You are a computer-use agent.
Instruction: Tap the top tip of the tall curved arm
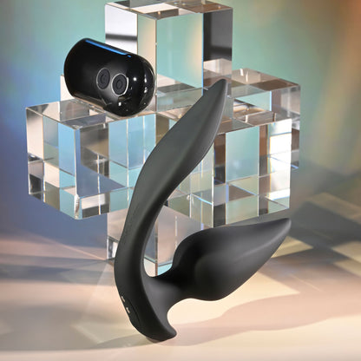pos(220,86)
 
